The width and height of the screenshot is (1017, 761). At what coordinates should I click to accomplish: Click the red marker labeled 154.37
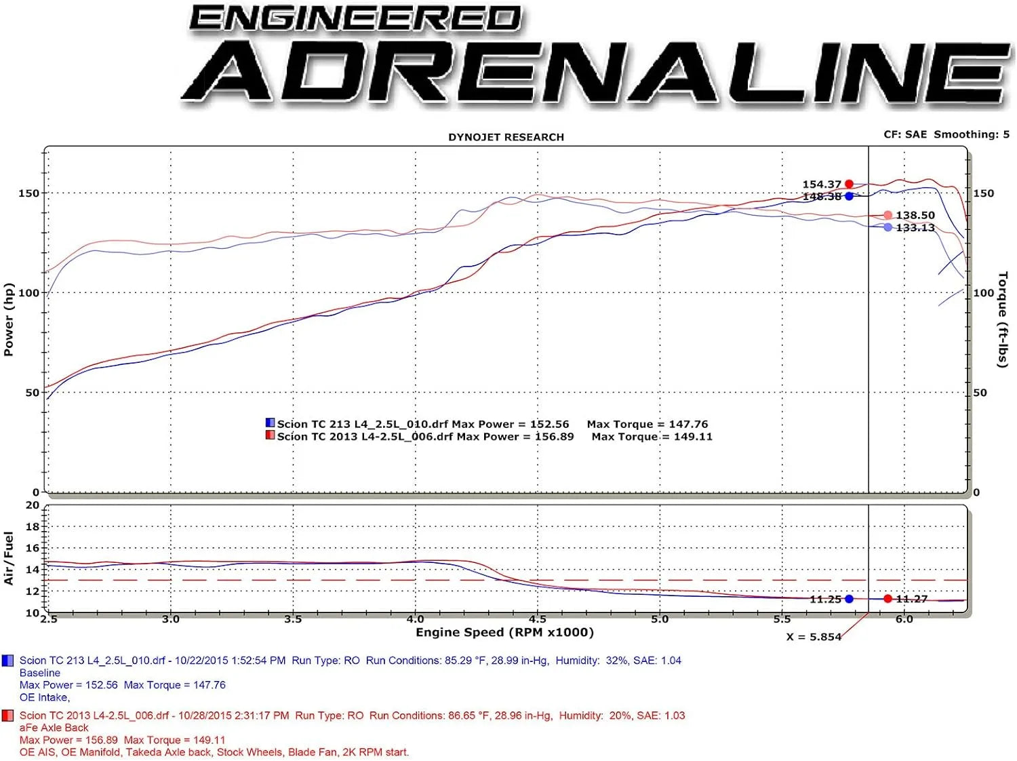click(x=849, y=184)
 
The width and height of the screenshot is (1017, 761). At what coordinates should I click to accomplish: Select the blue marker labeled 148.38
click(x=849, y=196)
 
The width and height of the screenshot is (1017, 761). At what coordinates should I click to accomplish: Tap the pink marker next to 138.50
click(x=888, y=215)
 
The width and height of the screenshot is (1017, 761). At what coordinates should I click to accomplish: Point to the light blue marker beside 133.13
click(x=888, y=227)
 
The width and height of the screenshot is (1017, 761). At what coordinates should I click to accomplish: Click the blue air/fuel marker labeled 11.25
click(x=849, y=599)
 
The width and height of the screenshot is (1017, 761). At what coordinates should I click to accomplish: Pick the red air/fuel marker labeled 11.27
click(x=888, y=599)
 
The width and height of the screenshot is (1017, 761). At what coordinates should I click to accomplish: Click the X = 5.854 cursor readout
click(x=813, y=637)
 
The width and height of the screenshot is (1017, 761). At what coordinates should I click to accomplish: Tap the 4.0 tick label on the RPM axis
click(x=415, y=619)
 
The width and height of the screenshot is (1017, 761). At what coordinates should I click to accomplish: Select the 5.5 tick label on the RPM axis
click(x=782, y=619)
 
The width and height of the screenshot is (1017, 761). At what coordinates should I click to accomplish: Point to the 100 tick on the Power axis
click(x=28, y=293)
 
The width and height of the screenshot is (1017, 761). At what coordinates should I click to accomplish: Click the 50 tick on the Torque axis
click(x=980, y=393)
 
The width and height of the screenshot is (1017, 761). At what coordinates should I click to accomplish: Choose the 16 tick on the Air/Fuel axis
click(x=33, y=548)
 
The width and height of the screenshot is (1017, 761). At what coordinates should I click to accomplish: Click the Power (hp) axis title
click(x=9, y=319)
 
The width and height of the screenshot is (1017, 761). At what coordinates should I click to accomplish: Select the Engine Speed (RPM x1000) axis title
click(x=504, y=633)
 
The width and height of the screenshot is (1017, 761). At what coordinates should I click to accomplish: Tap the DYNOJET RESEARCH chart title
click(x=506, y=137)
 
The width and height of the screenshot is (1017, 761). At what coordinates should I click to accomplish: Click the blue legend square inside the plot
click(x=270, y=423)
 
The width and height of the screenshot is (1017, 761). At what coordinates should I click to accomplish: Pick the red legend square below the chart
click(x=8, y=716)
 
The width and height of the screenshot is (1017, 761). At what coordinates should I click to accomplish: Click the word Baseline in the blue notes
click(x=40, y=673)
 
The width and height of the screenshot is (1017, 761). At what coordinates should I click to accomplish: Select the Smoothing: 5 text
click(x=972, y=134)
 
